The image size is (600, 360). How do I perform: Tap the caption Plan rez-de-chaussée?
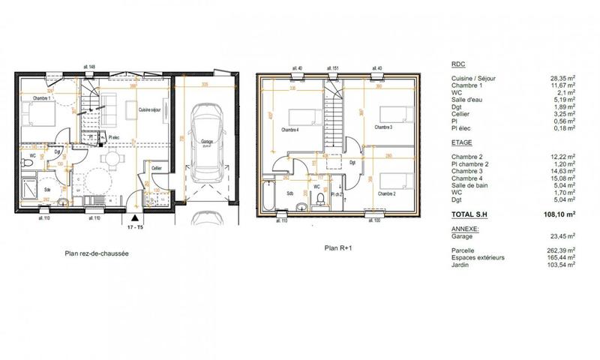click(97, 254)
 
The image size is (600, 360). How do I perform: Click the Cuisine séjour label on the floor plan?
click(151, 109)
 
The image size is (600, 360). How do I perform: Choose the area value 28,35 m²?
click(562, 77)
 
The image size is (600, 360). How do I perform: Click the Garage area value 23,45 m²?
click(563, 235)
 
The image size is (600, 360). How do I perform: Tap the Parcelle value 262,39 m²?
click(562, 250)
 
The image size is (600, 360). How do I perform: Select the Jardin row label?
click(462, 264)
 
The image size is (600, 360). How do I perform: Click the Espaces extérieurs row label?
click(478, 257)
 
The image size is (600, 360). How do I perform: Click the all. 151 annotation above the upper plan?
click(334, 68)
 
